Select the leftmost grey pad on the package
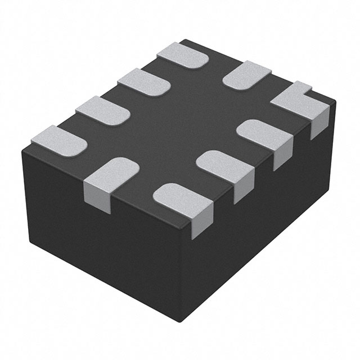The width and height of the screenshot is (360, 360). pyautogui.click(x=58, y=140)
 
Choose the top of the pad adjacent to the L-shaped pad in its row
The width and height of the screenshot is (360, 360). pyautogui.click(x=262, y=133)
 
